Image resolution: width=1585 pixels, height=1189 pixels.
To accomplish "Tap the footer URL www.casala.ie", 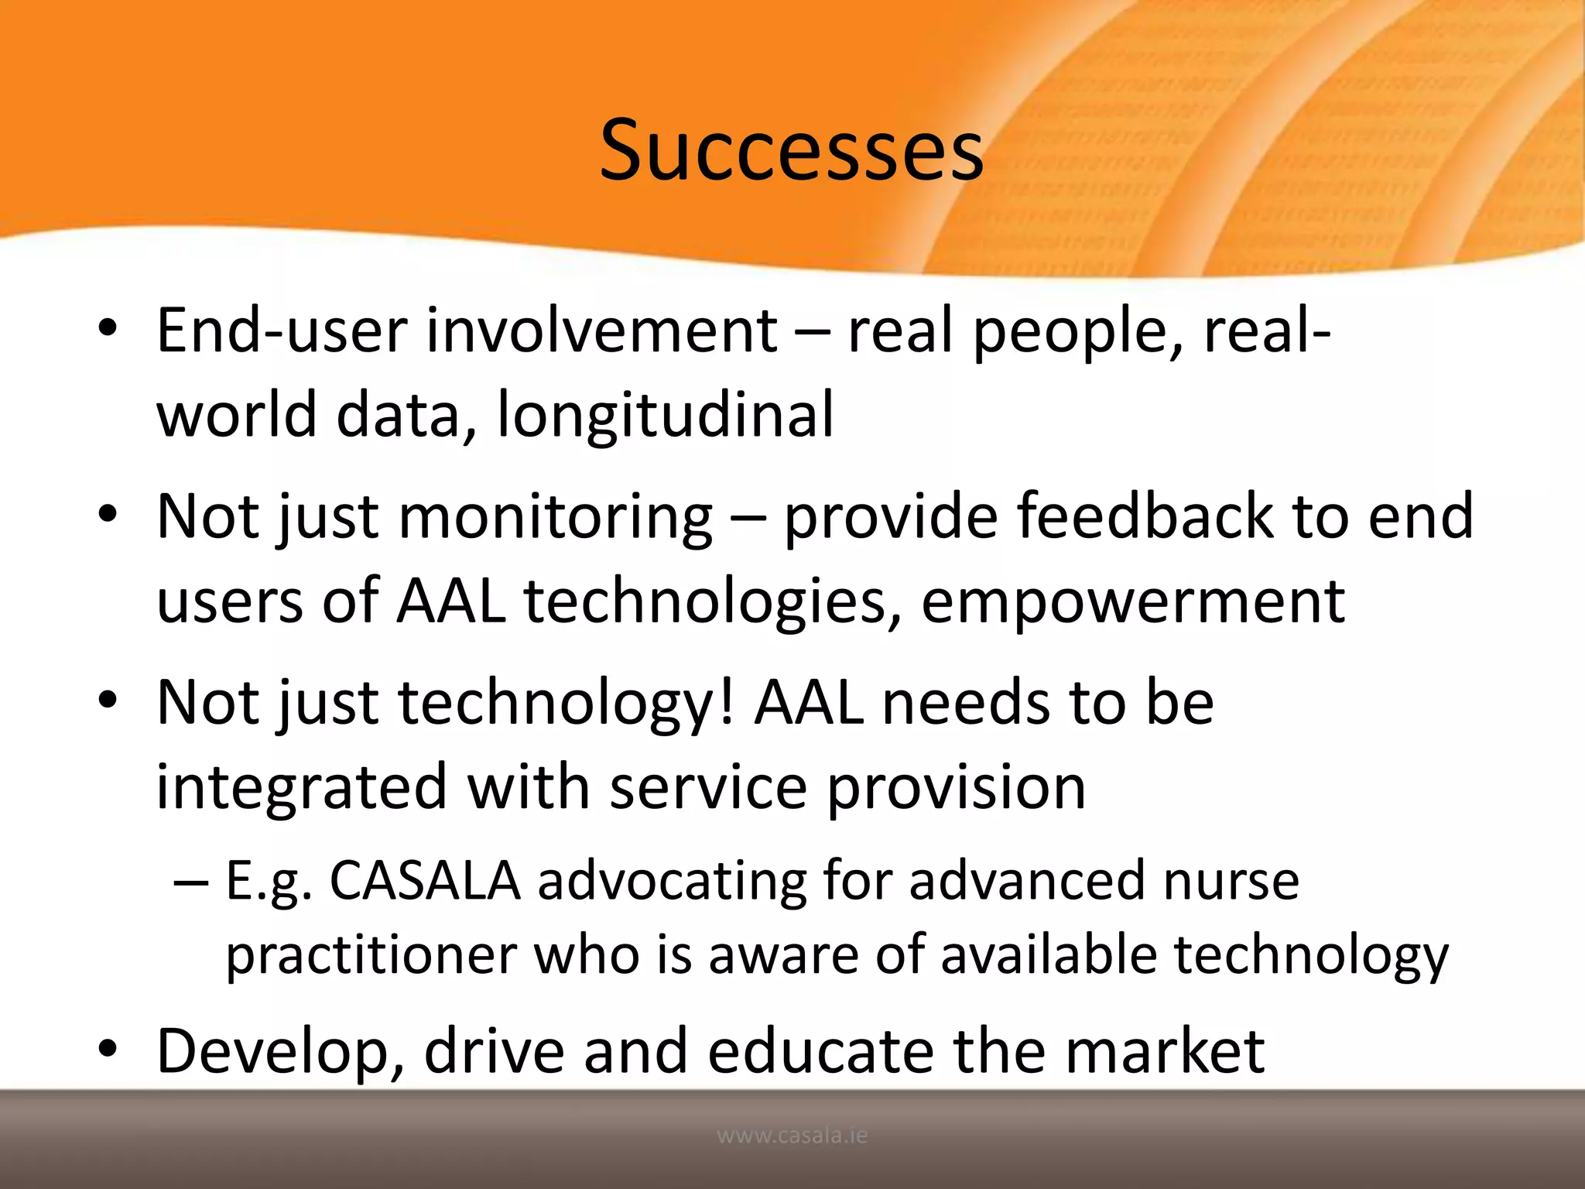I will (792, 1136).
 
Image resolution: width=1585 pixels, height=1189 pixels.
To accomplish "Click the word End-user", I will (282, 331).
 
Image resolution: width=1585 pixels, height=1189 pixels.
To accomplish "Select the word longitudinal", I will (666, 414).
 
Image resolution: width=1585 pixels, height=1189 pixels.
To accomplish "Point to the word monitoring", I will (554, 517).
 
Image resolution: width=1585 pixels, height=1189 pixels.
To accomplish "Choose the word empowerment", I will (1133, 601).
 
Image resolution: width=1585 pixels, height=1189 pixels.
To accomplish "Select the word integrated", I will (302, 787).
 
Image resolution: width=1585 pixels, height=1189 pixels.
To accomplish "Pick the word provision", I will (957, 787).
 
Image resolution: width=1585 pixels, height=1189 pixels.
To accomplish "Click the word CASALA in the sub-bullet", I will (425, 881).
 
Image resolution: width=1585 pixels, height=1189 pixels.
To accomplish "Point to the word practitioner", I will (371, 954).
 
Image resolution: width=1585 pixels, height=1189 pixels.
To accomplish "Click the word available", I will (1049, 954).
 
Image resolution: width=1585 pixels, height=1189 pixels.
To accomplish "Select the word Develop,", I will (280, 1051).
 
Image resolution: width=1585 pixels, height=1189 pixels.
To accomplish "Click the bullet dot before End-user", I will (108, 328).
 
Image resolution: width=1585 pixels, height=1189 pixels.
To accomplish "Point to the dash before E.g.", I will (190, 882).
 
